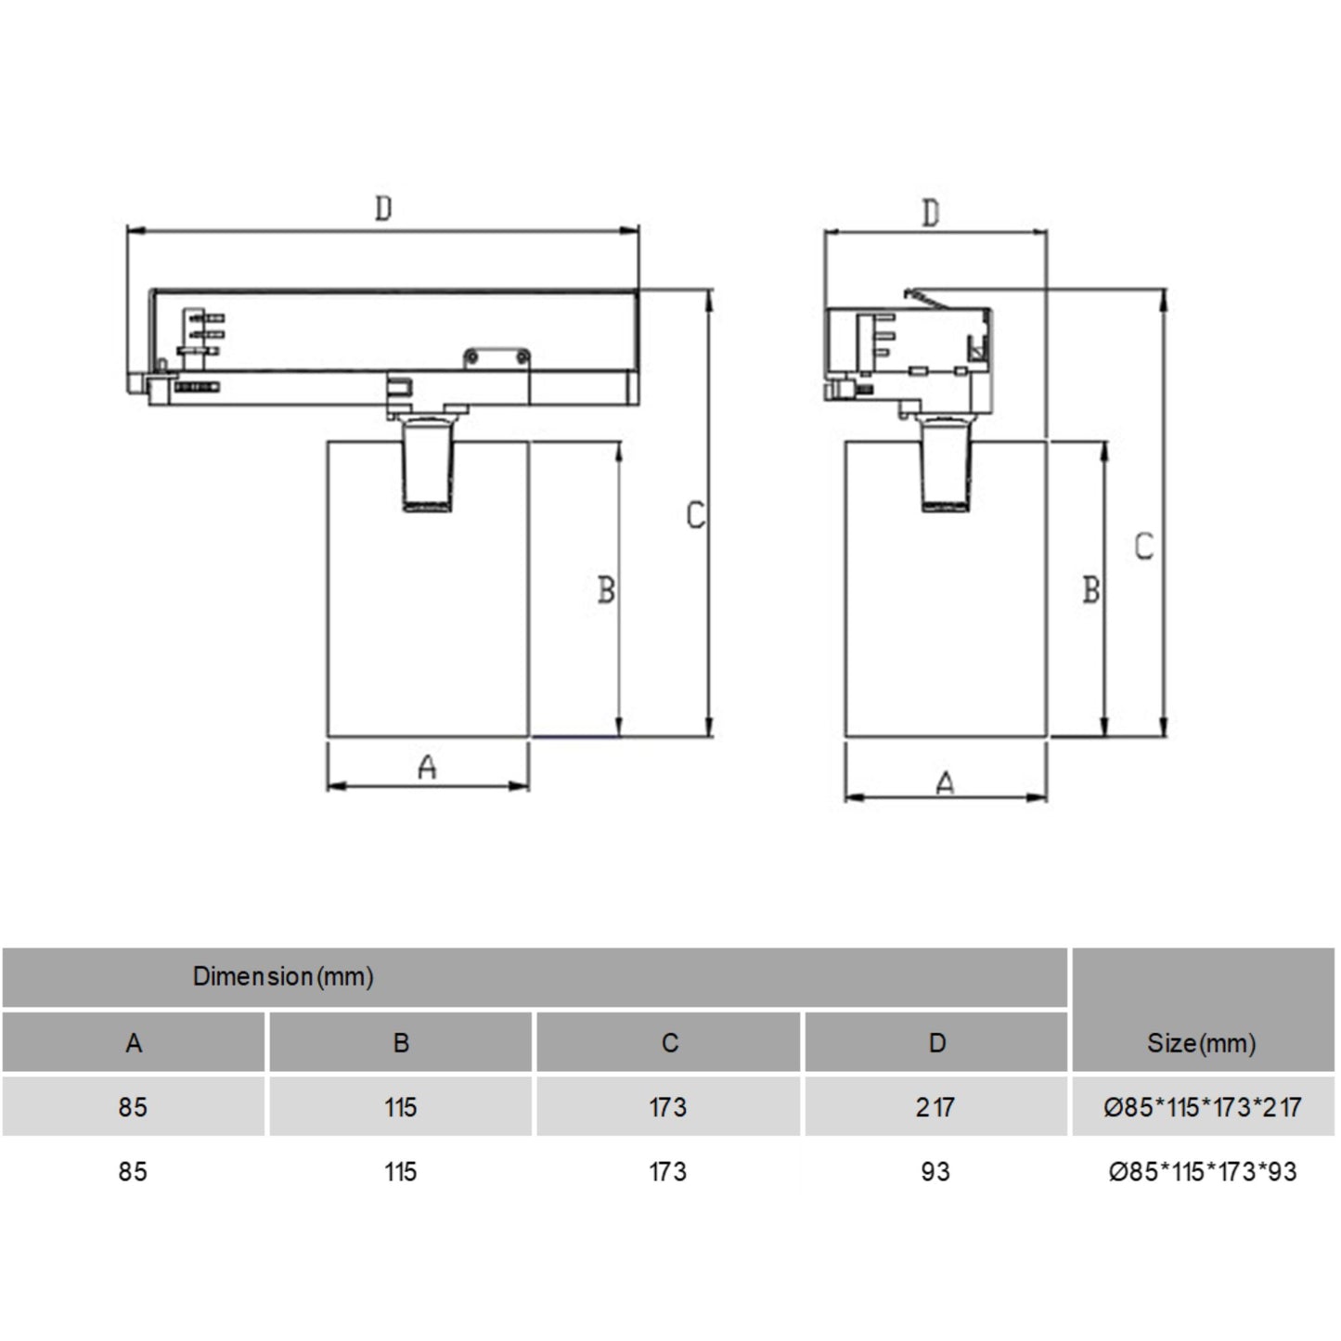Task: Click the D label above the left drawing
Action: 383,208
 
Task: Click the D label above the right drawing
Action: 931,213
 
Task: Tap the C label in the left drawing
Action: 696,515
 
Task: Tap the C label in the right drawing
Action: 1144,546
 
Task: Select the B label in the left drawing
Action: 606,589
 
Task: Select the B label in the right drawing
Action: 1091,589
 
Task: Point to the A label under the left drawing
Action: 427,767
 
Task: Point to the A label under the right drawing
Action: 945,784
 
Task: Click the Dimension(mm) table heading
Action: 283,976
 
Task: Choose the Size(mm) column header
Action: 1202,1043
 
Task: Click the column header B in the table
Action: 401,1043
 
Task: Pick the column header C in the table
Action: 669,1043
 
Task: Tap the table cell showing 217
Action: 935,1107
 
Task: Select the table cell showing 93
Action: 935,1172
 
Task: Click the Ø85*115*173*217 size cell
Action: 1202,1107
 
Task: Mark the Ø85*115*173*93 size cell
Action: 1202,1172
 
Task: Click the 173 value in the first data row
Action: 668,1107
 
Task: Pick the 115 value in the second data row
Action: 401,1172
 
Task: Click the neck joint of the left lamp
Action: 428,464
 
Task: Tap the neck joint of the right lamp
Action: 946,464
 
